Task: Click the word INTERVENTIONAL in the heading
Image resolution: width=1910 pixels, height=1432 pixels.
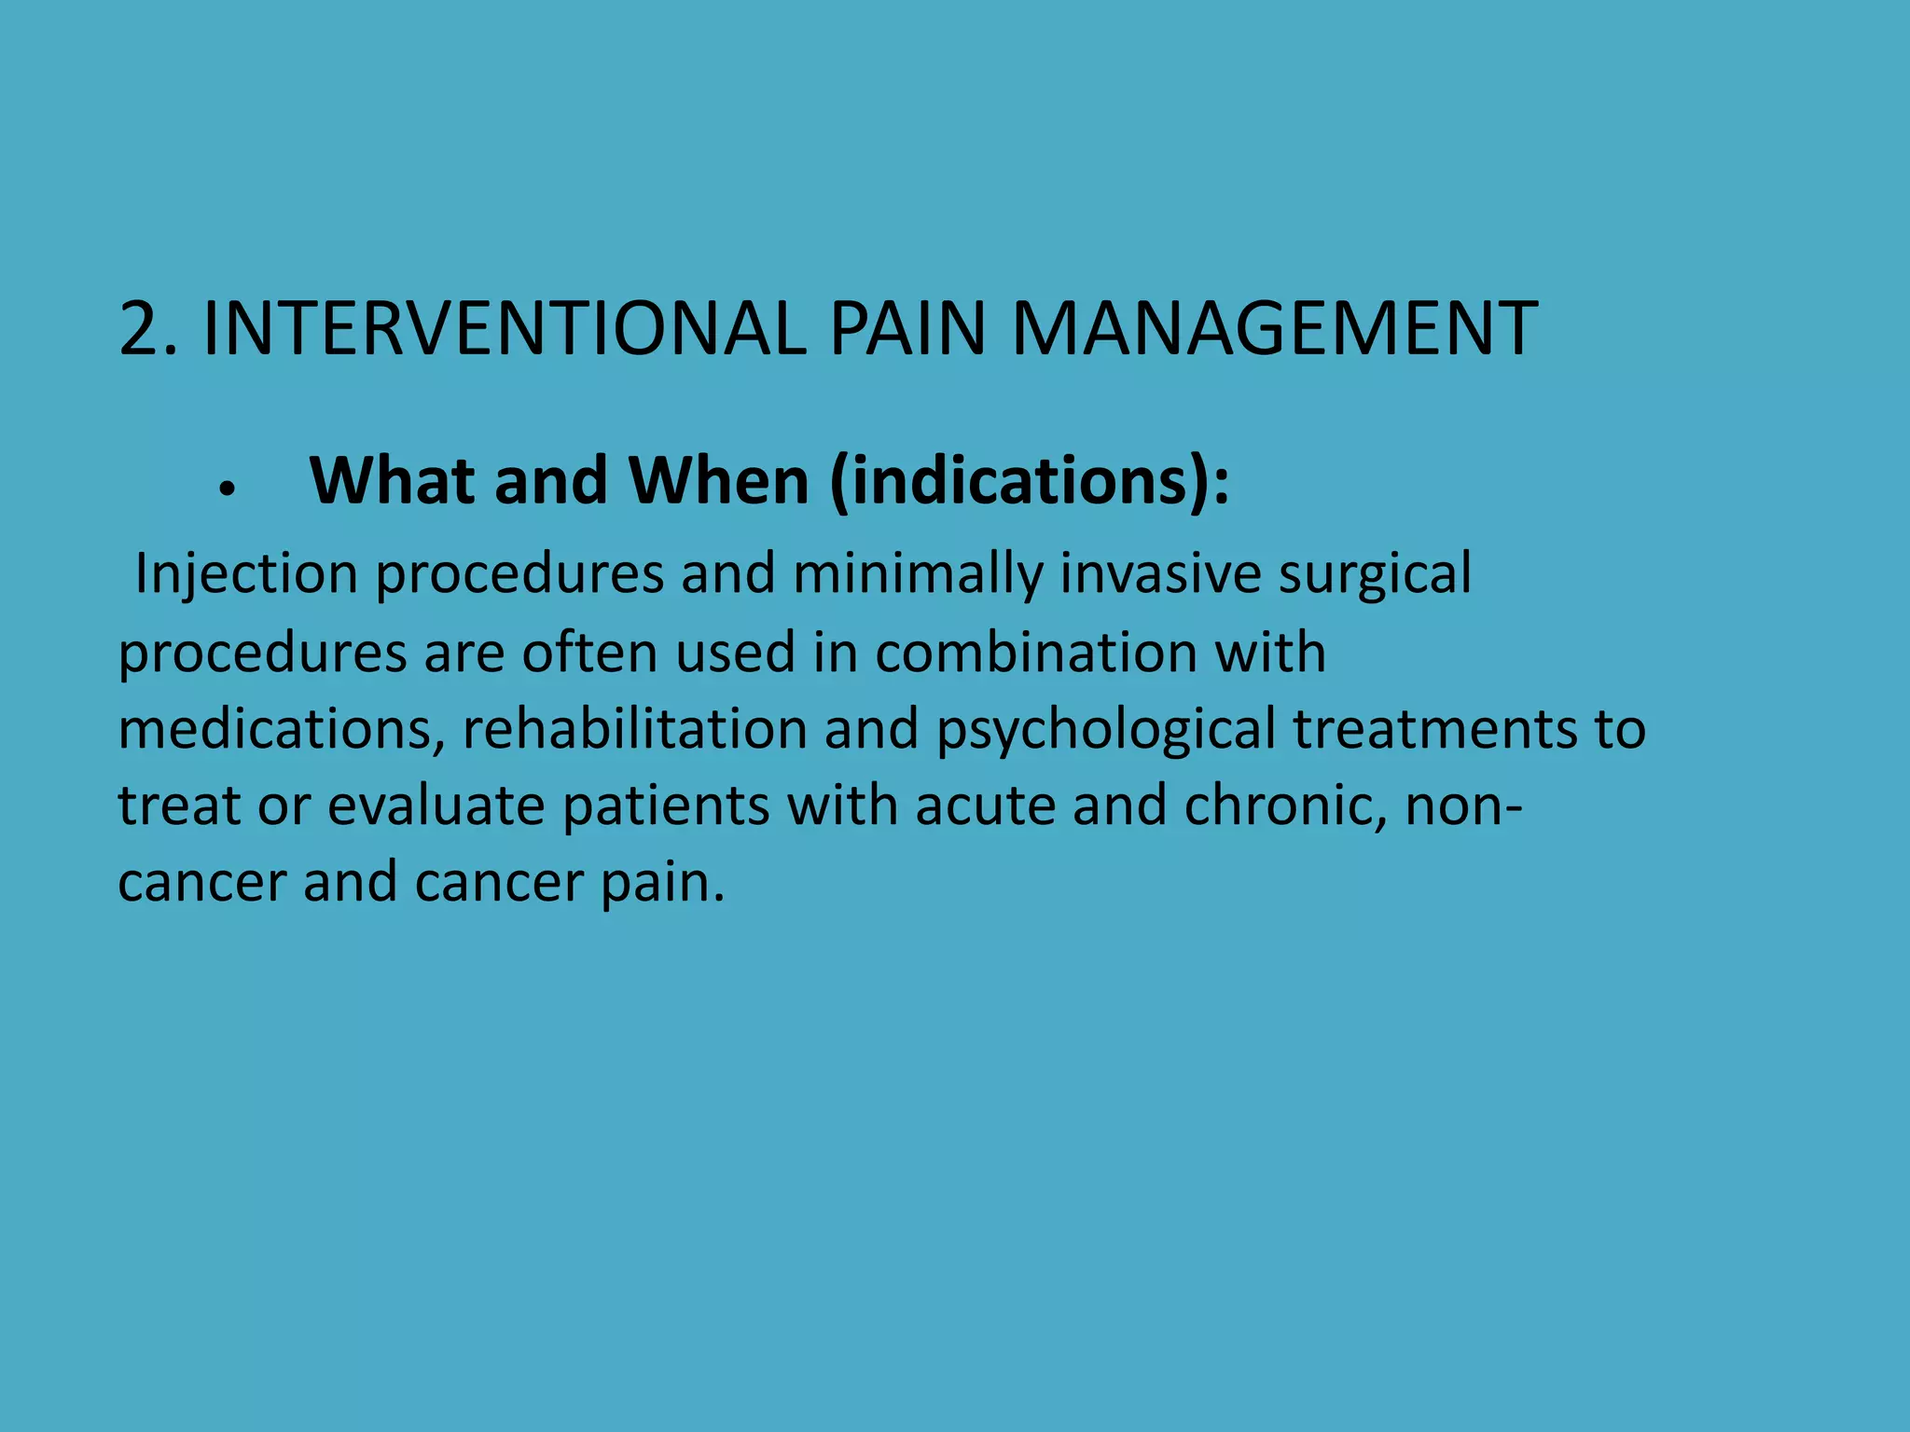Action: pyautogui.click(x=505, y=328)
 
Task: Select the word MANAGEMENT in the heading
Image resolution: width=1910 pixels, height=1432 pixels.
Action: pyautogui.click(x=1274, y=328)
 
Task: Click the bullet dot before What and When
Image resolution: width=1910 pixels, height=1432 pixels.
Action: pyautogui.click(x=227, y=487)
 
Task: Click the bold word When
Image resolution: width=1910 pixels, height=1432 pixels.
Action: pyautogui.click(x=719, y=481)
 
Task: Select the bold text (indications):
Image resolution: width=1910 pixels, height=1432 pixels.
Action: pyautogui.click(x=1030, y=483)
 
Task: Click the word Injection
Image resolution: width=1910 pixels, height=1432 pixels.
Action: pyautogui.click(x=246, y=574)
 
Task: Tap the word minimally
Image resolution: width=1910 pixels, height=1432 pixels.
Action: pyautogui.click(x=918, y=574)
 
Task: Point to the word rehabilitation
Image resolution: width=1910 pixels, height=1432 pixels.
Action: pyautogui.click(x=634, y=728)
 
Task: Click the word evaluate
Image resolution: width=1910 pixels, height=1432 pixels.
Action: pyautogui.click(x=436, y=805)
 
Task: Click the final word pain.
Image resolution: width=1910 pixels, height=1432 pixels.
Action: pyautogui.click(x=662, y=883)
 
